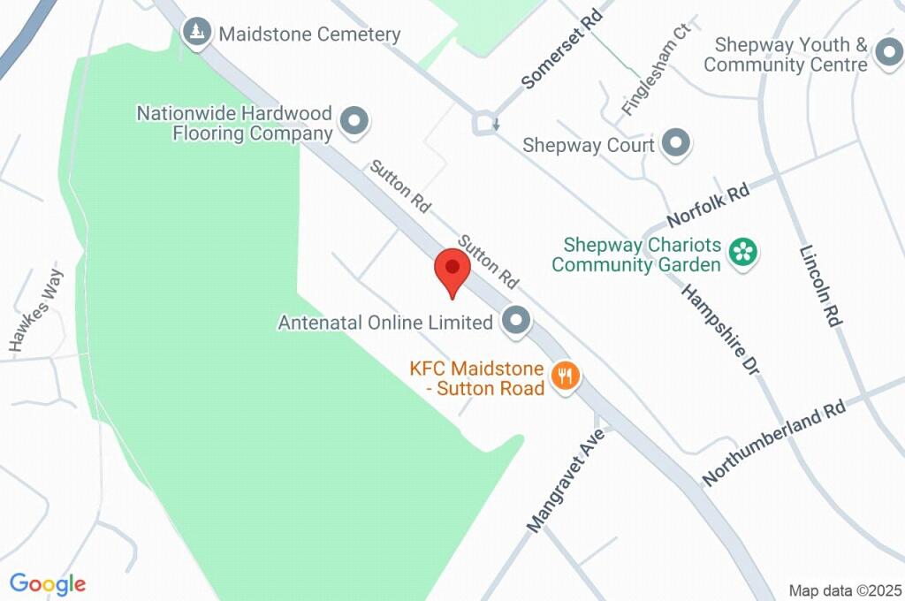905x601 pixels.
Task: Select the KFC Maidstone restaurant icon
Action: coord(564,377)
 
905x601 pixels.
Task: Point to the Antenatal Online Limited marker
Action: coord(516,322)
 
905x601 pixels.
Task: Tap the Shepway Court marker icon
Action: coord(676,144)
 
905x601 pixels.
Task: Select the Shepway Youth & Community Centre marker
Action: coord(886,55)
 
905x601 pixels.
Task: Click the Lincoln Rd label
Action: coord(819,286)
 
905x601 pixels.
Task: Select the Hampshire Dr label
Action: coord(721,328)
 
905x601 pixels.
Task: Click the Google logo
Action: coord(48,583)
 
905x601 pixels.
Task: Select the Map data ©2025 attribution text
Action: coord(845,590)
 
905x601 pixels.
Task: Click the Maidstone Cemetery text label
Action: coord(309,34)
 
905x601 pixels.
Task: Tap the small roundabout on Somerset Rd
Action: coord(484,124)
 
